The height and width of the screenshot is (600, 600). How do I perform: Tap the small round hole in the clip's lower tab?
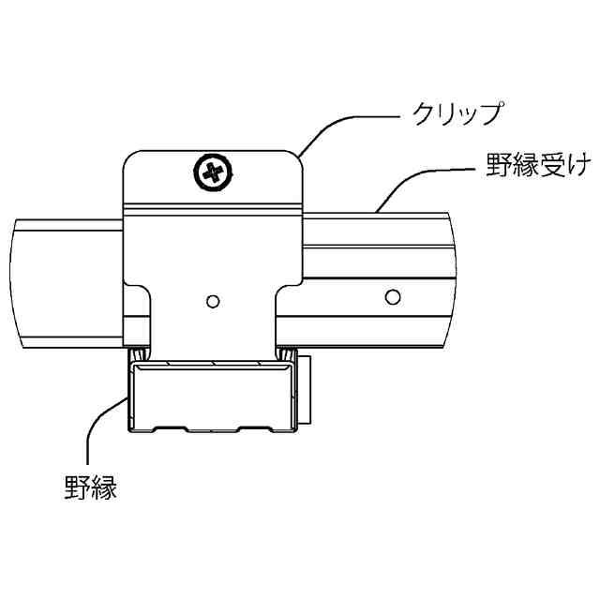coord(213,301)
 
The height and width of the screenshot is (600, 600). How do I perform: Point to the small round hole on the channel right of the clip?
coord(392,297)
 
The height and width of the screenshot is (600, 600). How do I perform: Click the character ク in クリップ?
coord(424,114)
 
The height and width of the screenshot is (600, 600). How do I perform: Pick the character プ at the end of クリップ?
coord(494,114)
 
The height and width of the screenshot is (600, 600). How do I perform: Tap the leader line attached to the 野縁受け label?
coord(412,174)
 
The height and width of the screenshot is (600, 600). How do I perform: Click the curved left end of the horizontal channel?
coord(21,281)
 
